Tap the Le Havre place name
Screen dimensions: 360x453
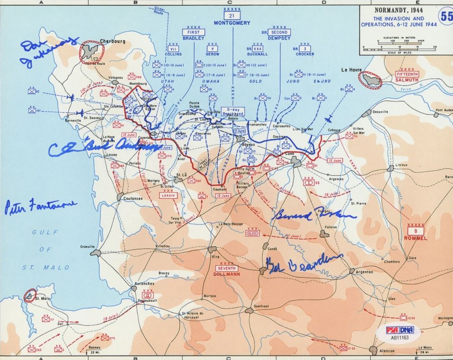point(352,70)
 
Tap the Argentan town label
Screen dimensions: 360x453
point(365,272)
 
